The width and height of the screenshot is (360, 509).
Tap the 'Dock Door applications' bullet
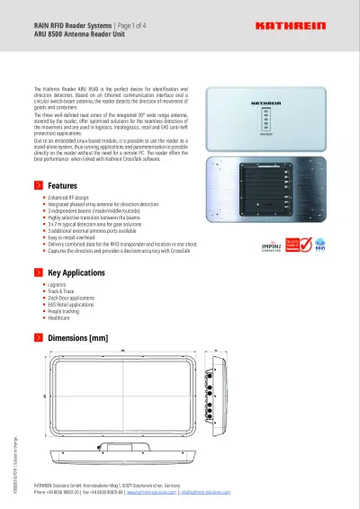coord(72,299)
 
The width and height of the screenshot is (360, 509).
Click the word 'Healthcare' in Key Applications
coord(58,318)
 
